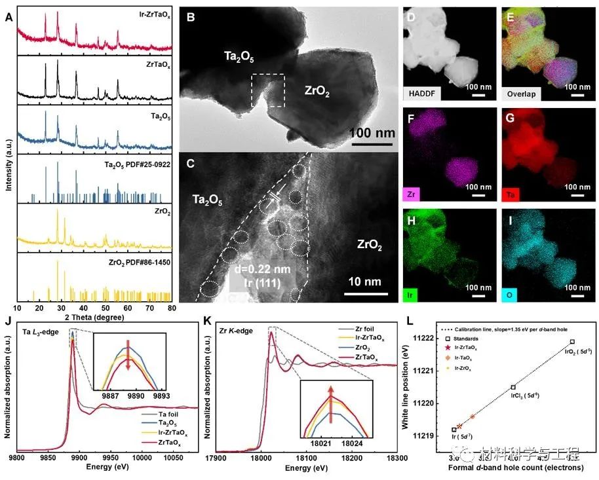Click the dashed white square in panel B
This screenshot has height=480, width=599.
pyautogui.click(x=268, y=90)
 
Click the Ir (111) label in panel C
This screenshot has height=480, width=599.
pyautogui.click(x=260, y=283)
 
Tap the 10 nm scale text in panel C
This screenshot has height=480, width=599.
pyautogui.click(x=364, y=282)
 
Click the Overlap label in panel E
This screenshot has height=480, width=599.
pyautogui.click(x=520, y=93)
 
